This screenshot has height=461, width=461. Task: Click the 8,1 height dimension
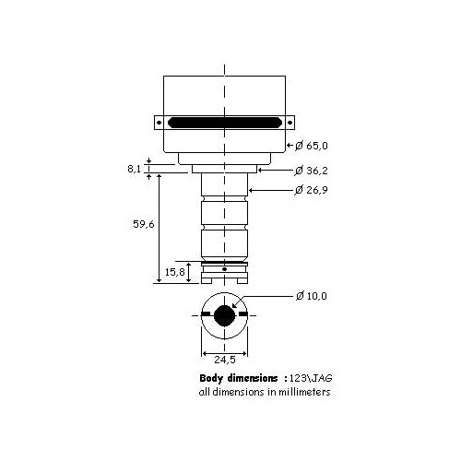coord(135,169)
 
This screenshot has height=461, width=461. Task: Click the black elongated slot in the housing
coord(225,122)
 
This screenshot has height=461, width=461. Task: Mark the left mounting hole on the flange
coord(159,122)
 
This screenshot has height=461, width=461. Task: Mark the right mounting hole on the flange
coord(291,122)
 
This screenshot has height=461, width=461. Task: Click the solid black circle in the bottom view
coord(225,315)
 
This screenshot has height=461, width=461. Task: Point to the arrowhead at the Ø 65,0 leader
coord(290,147)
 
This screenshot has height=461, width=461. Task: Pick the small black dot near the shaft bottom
coord(225,268)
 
